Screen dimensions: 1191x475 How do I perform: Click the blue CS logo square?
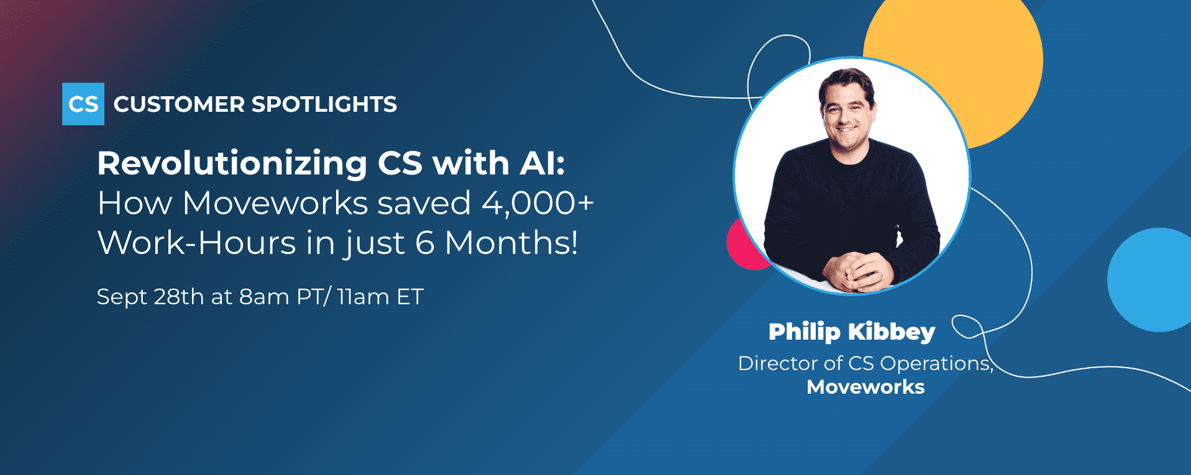[x=83, y=104]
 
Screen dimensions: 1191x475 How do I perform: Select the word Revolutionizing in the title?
[x=232, y=164]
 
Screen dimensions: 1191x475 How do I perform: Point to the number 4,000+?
[x=538, y=204]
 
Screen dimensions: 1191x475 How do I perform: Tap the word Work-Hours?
[x=197, y=242]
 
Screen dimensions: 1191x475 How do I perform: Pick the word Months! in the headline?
[x=511, y=242]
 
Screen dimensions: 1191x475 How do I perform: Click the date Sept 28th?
[x=150, y=297]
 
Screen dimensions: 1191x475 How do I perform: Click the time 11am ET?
[x=380, y=297]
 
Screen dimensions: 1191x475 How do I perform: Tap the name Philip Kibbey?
[x=852, y=332]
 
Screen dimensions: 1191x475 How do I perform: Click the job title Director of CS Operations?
[x=865, y=363]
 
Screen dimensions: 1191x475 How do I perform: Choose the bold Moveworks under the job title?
[x=865, y=387]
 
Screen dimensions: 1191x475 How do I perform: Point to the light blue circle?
[x=1150, y=279]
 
